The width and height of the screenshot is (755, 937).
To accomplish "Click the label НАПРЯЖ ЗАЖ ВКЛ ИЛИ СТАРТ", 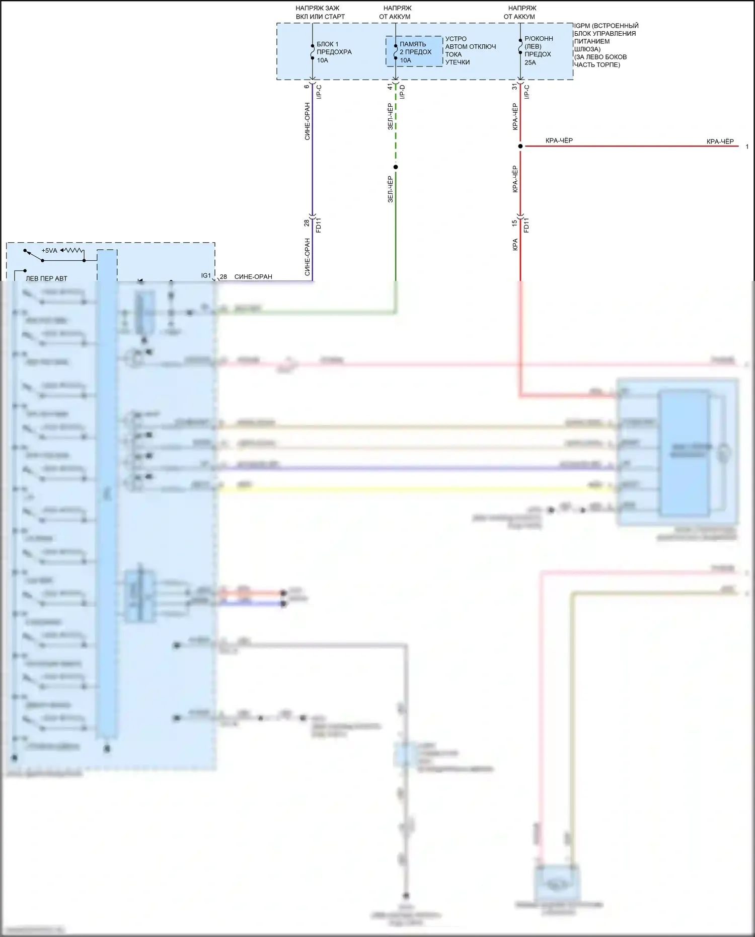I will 320,13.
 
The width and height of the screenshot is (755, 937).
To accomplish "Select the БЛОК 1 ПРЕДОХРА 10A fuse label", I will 334,52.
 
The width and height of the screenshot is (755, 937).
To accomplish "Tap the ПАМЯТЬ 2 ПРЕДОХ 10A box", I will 414,52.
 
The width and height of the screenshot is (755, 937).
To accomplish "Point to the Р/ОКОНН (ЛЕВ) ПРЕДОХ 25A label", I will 538,50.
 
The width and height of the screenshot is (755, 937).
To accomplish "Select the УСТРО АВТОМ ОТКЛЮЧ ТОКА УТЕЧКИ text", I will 470,50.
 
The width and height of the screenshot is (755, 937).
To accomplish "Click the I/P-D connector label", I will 402,92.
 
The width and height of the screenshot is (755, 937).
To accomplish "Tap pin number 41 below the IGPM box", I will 390,87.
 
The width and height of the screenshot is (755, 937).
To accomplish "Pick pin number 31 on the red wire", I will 514,87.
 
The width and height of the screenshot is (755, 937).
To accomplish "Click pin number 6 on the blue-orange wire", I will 307,87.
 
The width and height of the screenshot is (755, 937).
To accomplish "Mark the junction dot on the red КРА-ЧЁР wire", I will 520,147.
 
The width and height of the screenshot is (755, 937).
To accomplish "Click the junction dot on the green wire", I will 396,167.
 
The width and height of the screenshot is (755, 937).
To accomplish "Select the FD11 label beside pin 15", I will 526,225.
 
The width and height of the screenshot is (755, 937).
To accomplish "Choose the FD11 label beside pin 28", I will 318,225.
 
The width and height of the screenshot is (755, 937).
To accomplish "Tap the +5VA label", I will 49,251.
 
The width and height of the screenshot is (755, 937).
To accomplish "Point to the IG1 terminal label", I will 206,276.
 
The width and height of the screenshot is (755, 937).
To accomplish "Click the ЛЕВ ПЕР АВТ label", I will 46,278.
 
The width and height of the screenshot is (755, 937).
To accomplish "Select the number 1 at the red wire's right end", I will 747,147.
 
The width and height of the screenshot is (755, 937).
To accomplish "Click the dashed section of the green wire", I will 396,126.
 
